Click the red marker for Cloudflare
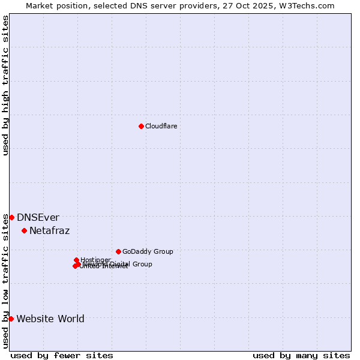[141, 126]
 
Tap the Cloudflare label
[161, 126]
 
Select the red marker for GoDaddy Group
[118, 251]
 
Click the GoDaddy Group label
[148, 251]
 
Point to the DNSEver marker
[11, 217]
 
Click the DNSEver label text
[38, 218]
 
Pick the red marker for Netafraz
[24, 230]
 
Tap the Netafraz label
[49, 231]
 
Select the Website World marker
[11, 319]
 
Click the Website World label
[50, 319]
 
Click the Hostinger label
[95, 260]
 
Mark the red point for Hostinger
[76, 260]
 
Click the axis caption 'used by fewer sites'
[62, 355]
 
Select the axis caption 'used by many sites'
[301, 355]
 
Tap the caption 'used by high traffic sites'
[5, 85]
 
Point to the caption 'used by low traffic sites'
[5, 281]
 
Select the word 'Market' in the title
[40, 5]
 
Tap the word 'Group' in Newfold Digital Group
[142, 264]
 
